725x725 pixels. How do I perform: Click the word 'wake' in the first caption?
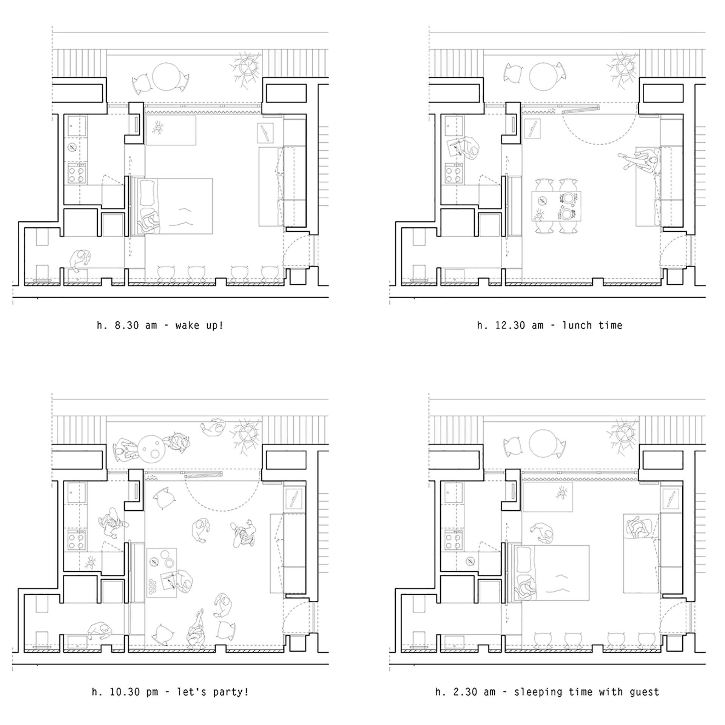187,325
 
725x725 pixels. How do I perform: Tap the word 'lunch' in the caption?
577,325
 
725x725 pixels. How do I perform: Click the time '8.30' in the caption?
127,325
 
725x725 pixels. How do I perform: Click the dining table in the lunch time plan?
556,206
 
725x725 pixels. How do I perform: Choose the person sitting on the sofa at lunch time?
642,162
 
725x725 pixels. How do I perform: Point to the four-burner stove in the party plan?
77,540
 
